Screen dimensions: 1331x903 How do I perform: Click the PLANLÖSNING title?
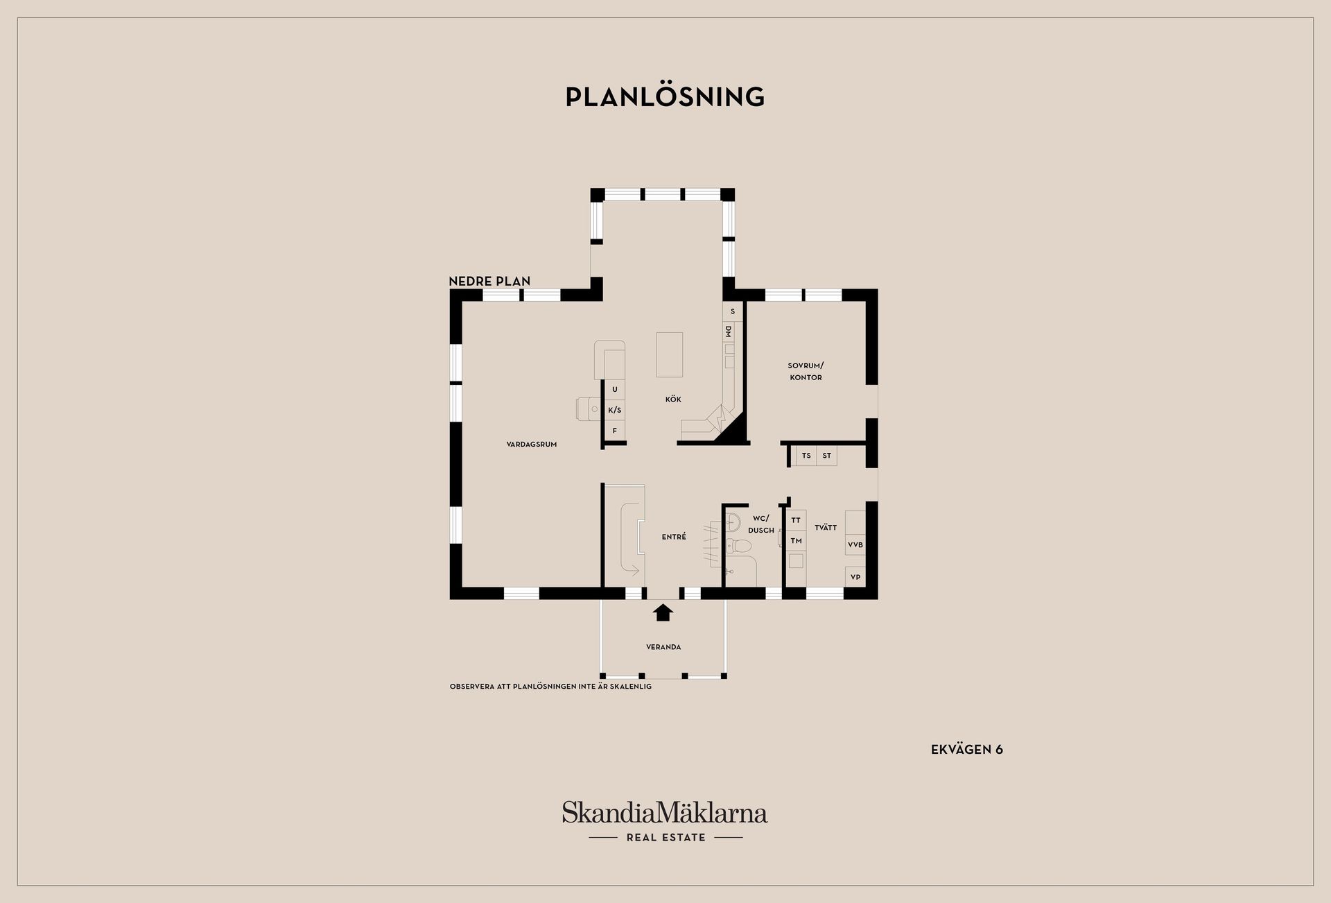pos(665,96)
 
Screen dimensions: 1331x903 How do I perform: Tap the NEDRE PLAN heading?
pos(489,281)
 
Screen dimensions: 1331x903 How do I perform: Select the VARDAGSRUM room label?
pos(532,445)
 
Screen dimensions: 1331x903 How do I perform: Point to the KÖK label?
pos(673,399)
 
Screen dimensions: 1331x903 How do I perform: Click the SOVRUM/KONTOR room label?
pos(806,371)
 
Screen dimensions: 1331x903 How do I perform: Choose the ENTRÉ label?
pos(674,536)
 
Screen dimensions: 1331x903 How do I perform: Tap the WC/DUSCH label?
pos(761,524)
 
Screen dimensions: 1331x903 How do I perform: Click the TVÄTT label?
pos(826,528)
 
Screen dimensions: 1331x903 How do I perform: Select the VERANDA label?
pos(663,647)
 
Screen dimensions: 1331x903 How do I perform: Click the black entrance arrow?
pos(664,612)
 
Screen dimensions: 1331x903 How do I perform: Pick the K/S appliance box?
pos(615,410)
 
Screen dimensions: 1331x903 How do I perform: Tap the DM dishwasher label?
pos(729,332)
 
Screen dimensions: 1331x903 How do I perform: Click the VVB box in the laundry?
pos(855,544)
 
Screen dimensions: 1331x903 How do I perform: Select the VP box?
pos(855,577)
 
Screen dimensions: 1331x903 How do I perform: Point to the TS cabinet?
pos(806,456)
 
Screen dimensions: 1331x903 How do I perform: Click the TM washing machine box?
pos(797,541)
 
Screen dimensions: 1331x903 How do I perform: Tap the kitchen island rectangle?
pos(670,354)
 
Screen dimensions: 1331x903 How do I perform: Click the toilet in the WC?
pos(739,546)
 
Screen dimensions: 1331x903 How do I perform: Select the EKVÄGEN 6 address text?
pos(967,750)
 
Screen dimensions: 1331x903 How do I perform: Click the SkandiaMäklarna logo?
pos(665,821)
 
